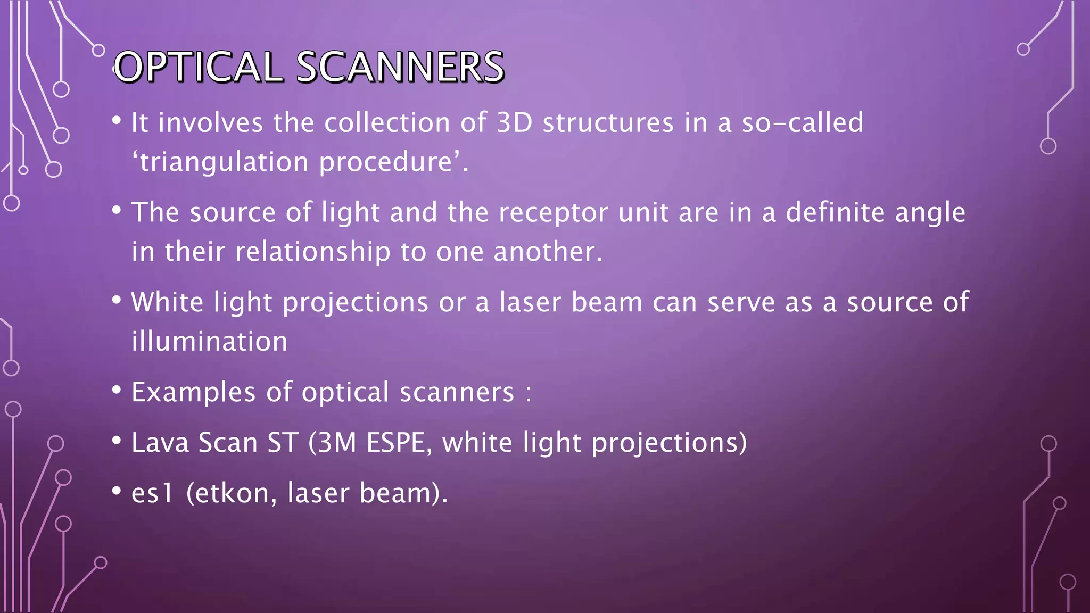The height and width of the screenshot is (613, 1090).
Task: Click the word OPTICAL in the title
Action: tap(197, 67)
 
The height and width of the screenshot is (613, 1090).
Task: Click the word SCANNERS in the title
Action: tap(400, 67)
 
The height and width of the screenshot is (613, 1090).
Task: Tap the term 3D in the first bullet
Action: tap(514, 123)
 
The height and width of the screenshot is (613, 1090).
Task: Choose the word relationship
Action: tap(312, 252)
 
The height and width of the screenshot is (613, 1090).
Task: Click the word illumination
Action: tap(209, 342)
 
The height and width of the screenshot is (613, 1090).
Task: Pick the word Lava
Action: tap(160, 443)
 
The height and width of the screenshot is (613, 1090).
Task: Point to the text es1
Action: tap(152, 493)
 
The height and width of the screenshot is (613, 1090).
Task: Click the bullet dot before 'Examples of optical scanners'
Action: tap(117, 390)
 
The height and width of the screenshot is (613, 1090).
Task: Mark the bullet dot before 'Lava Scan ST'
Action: tap(117, 441)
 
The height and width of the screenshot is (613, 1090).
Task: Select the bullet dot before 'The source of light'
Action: tap(117, 210)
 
